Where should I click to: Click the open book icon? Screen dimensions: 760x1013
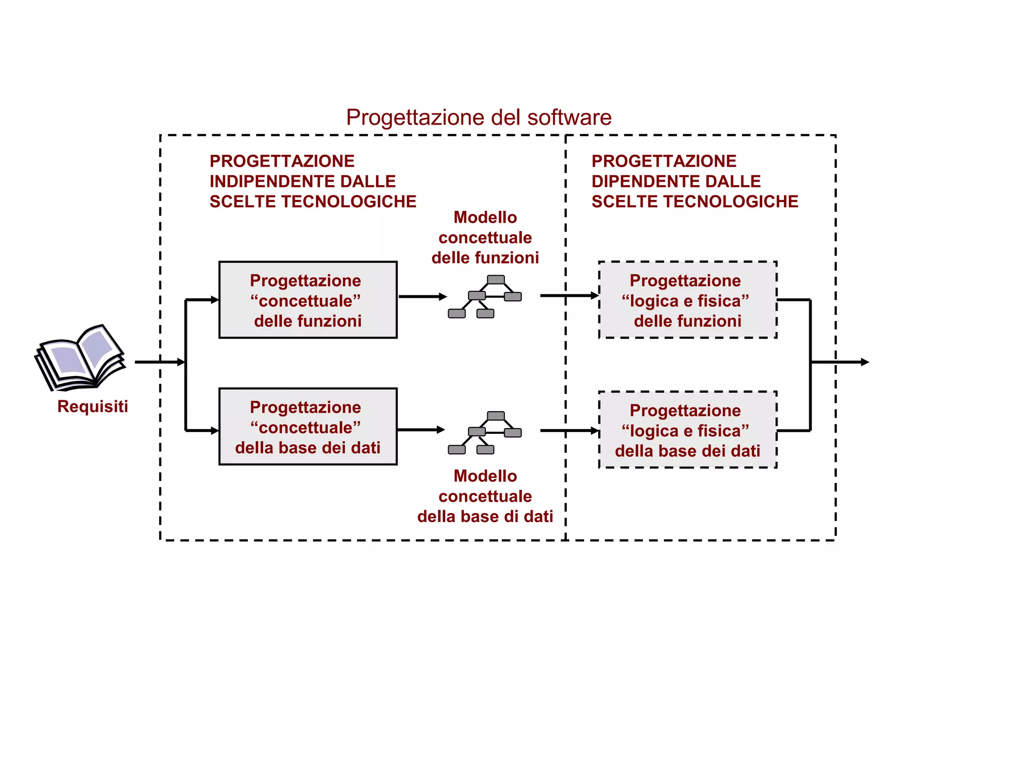81,357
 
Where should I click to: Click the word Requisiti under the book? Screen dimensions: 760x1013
92,407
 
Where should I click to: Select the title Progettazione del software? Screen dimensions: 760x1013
478,118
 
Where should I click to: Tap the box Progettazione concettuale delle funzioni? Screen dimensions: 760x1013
308,300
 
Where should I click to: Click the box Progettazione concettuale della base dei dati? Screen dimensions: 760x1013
308,427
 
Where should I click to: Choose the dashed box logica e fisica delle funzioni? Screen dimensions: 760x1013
688,300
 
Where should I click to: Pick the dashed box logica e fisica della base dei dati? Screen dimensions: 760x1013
688,429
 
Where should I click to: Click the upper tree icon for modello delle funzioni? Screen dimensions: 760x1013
485,297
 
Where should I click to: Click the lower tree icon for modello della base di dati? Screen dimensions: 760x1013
485,432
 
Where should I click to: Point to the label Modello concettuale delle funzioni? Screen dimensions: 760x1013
485,237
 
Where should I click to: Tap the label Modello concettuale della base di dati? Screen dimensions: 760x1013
485,496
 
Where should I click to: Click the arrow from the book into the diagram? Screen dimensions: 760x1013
158,362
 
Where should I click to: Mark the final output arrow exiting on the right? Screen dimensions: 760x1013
841,362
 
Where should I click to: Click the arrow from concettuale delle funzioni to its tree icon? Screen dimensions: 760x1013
422,297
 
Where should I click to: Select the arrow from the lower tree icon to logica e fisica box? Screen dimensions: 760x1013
569,431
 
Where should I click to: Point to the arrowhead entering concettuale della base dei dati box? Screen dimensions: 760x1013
214,431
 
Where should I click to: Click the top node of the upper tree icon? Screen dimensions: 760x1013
496,280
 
